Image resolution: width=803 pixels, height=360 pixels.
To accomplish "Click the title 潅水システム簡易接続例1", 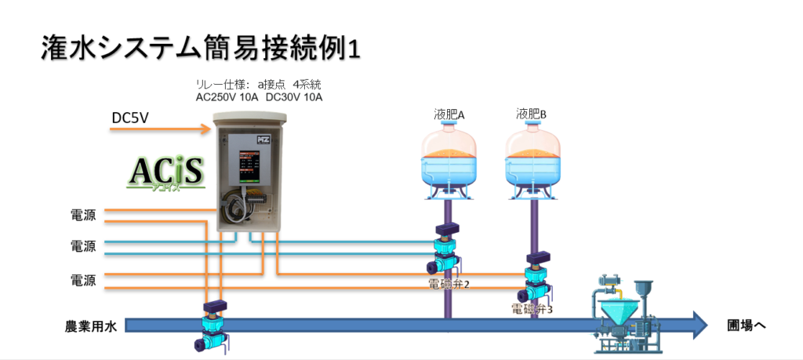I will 199,49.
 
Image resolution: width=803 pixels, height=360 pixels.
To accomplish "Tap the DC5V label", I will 130,118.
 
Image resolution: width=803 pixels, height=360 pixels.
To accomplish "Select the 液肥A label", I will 449,115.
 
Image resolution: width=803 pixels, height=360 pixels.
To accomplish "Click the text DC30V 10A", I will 294,97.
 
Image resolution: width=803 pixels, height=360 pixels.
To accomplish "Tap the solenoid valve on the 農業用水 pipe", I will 212,325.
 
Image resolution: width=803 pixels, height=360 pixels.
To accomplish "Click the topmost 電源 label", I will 83,213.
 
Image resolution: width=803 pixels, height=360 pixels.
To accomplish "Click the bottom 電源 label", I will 83,280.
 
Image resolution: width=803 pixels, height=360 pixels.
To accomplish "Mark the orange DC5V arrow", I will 160,129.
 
